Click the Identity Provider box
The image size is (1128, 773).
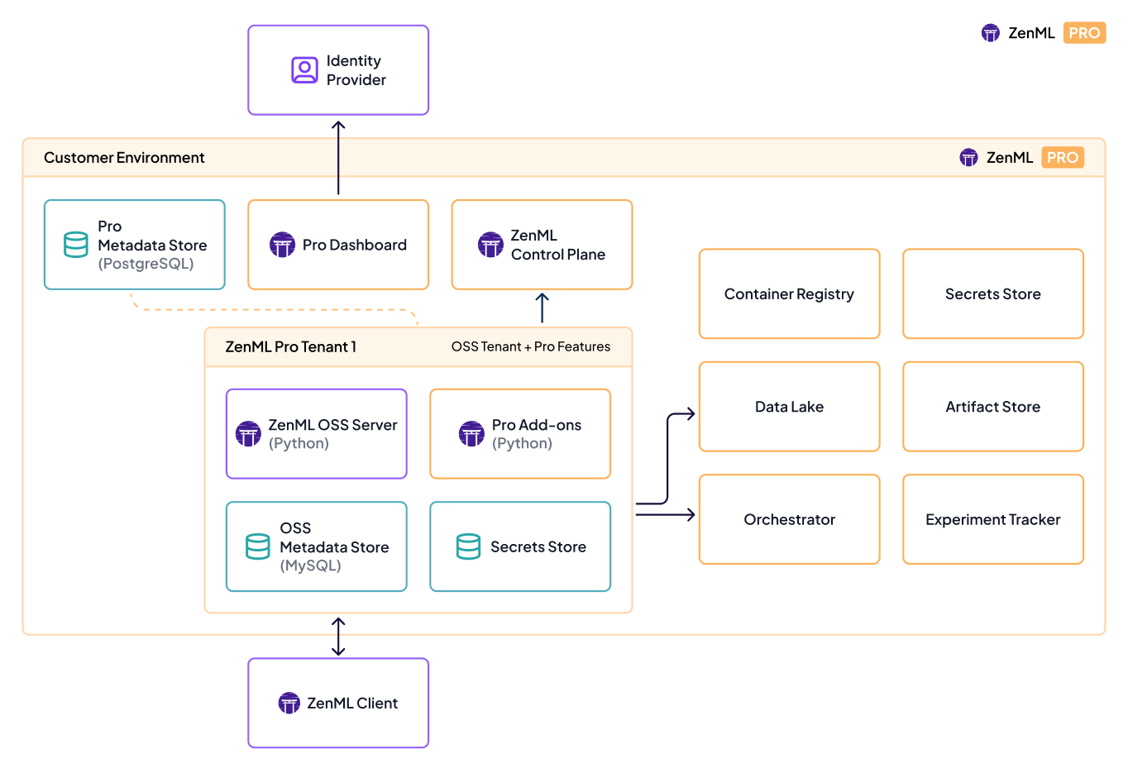coord(337,70)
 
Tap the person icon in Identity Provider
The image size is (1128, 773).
coord(304,70)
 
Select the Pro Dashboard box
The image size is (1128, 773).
coord(337,245)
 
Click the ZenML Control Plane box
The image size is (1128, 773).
coord(542,245)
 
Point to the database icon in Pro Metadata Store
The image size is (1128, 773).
coord(76,245)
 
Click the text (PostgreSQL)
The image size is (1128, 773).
coord(146,264)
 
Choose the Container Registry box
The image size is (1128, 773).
coord(789,293)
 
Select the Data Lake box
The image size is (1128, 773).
coord(789,407)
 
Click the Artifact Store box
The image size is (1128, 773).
coord(992,407)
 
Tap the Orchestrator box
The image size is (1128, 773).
coord(789,519)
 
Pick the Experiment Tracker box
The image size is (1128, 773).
coord(992,519)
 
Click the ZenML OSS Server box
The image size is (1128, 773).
coord(317,434)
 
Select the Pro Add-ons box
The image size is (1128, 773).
coord(520,434)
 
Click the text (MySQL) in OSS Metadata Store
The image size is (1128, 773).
coord(310,565)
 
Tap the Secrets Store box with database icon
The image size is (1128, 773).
coord(520,546)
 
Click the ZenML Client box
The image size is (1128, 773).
coord(337,703)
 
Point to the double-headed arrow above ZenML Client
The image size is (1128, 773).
coord(338,637)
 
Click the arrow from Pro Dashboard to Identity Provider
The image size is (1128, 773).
coord(338,157)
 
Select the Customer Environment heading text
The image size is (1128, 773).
coord(124,158)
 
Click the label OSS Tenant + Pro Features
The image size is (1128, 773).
coord(530,346)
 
